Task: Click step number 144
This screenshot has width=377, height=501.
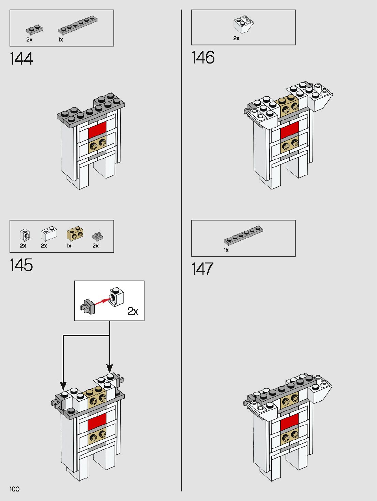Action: pos(21,59)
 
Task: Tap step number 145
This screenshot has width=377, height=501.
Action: pos(21,265)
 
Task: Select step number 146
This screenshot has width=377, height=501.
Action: pos(203,57)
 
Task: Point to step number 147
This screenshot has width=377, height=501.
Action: pos(202,269)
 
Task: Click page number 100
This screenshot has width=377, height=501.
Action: pos(15,489)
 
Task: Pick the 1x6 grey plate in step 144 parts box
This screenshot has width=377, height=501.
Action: pos(78,25)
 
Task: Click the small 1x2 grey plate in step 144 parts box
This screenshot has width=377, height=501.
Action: pos(34,29)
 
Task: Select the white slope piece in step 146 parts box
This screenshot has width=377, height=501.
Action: pos(243,25)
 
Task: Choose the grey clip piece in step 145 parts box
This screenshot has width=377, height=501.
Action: pos(97,236)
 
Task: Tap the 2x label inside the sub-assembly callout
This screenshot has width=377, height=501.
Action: pos(133,311)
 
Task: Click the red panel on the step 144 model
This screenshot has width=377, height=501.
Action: pos(97,130)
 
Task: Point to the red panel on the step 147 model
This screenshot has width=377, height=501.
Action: pos(289,421)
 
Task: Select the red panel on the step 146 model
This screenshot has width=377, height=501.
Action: pos(289,130)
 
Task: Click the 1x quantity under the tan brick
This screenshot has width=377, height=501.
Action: pos(69,246)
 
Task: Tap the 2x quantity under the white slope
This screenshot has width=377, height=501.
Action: pos(236,38)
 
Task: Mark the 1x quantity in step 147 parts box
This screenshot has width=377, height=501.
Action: pos(226,250)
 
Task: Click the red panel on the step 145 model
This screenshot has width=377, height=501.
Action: pos(97,422)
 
